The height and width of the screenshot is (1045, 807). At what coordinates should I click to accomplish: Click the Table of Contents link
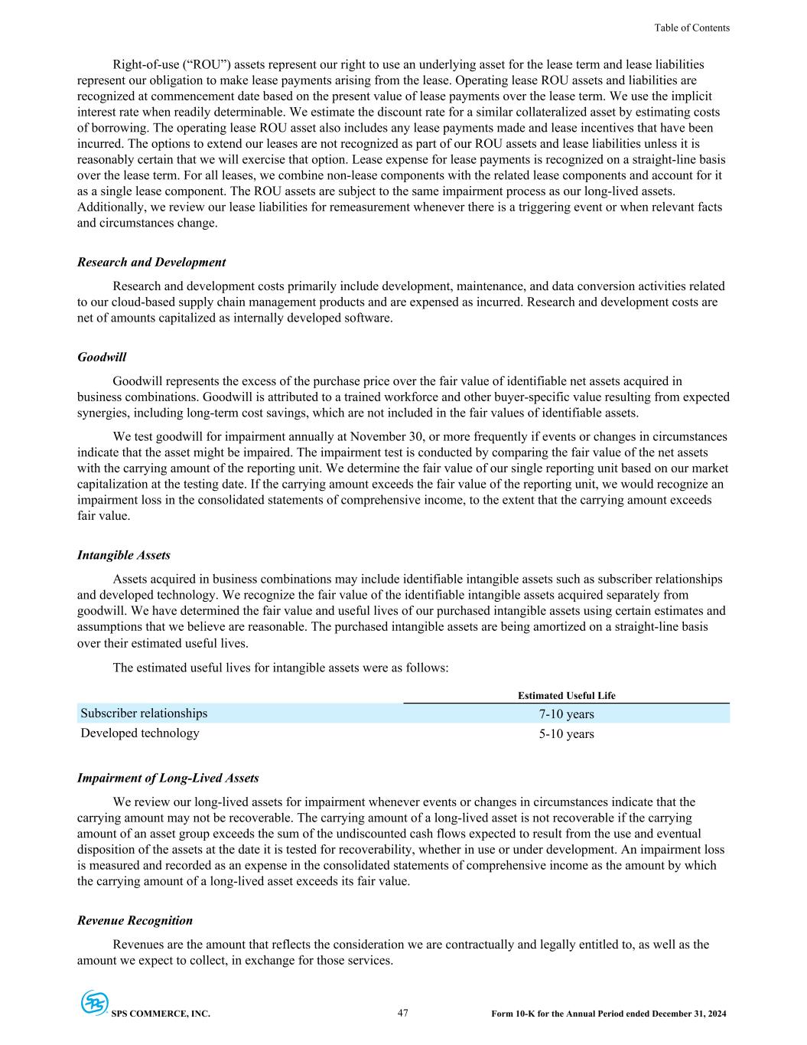(691, 28)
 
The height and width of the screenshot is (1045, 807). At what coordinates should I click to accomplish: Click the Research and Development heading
(151, 262)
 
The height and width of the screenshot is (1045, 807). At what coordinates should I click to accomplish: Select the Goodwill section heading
(102, 357)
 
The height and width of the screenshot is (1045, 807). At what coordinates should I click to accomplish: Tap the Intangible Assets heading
(124, 555)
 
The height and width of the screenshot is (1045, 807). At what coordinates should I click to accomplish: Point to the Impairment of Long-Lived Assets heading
(168, 778)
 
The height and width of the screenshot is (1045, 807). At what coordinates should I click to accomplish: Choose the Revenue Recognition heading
(135, 920)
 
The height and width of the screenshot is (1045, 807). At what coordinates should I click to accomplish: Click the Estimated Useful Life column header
(566, 696)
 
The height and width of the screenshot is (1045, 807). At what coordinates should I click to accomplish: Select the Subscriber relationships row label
(144, 714)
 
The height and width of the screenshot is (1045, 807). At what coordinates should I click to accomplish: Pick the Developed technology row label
(140, 733)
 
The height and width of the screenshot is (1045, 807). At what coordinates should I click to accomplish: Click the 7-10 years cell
(566, 714)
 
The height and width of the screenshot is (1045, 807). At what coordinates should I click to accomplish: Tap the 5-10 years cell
(566, 734)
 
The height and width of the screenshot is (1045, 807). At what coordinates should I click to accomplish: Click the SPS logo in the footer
(94, 1003)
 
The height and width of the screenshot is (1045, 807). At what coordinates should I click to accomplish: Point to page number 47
(403, 1013)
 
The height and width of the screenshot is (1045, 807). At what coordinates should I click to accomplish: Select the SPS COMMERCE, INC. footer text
(161, 1014)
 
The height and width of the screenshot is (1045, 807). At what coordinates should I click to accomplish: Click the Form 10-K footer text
(609, 1014)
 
